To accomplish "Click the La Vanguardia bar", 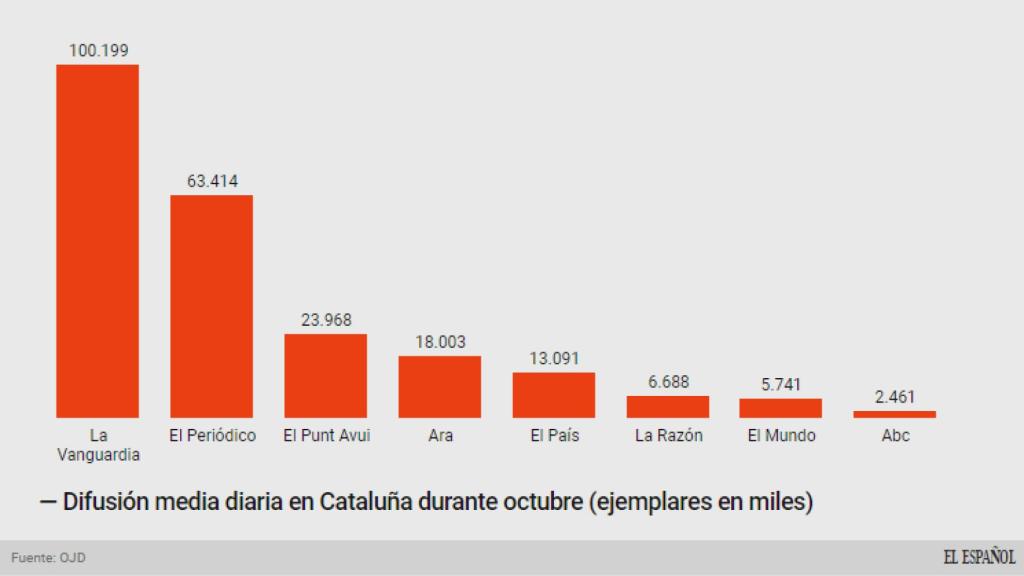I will tap(97, 240).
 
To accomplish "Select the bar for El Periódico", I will tap(211, 305).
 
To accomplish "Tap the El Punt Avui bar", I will tap(325, 375).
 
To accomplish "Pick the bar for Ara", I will tap(439, 386).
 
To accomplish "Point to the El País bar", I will tap(553, 394).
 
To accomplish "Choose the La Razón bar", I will tap(667, 406).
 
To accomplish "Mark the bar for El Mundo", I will tap(780, 407).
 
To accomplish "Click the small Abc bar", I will tap(894, 413).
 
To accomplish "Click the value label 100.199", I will tap(98, 50).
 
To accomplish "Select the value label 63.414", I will tap(212, 181).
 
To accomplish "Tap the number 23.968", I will tap(326, 320).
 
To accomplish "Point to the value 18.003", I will tap(440, 342).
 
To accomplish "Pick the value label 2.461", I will tap(894, 397).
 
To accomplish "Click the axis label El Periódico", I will tap(212, 436).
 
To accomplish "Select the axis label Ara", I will tap(440, 436).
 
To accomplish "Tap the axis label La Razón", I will tap(668, 436).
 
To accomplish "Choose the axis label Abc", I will tap(895, 436).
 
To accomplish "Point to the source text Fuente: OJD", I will tap(48, 558).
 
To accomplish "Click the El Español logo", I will tap(978, 557).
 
